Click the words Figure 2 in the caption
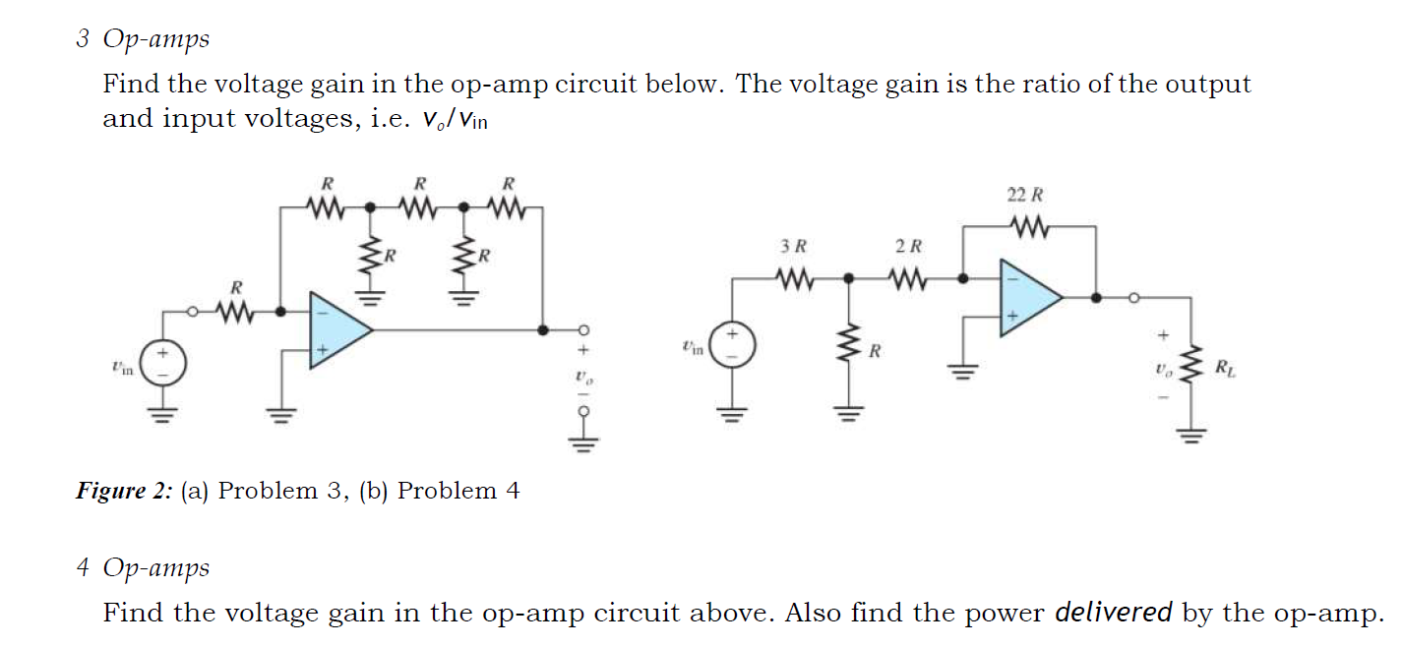pyautogui.click(x=123, y=491)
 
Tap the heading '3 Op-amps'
pyautogui.click(x=143, y=39)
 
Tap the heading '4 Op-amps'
pyautogui.click(x=143, y=568)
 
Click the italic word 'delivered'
pyautogui.click(x=1113, y=613)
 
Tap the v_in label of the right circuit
pyautogui.click(x=692, y=347)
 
